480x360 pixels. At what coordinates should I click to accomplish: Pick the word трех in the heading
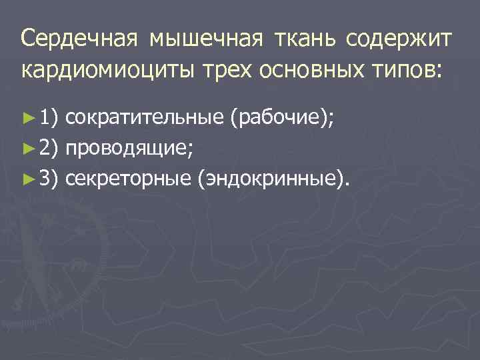coord(231,69)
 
